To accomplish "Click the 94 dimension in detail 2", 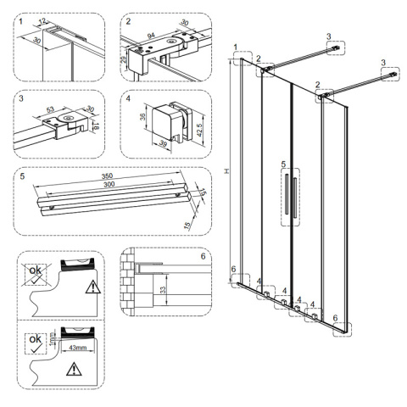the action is tap(151, 36).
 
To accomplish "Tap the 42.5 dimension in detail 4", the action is tap(200, 130).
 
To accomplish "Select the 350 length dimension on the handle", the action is tap(108, 176).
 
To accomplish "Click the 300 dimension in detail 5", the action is tap(109, 185).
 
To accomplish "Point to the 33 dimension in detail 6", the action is tap(163, 290).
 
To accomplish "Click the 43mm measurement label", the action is tap(78, 348).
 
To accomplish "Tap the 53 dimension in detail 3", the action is tap(50, 109).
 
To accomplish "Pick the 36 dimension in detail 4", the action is tap(143, 116).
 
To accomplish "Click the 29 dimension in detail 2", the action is tap(124, 60).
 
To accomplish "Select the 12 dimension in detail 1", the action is tap(42, 20).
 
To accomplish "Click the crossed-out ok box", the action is tap(36, 274).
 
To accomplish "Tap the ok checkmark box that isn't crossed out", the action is tap(36, 343).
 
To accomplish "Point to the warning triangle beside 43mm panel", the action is tap(74, 370).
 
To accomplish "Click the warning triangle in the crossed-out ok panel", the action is tap(93, 287).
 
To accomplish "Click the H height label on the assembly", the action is tap(226, 171).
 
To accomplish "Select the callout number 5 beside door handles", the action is tap(283, 164).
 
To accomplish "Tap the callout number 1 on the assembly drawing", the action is tap(236, 47).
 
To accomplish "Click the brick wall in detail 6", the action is tap(127, 282).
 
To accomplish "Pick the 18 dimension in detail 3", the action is tap(96, 125).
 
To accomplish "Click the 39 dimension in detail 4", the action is tap(163, 143).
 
